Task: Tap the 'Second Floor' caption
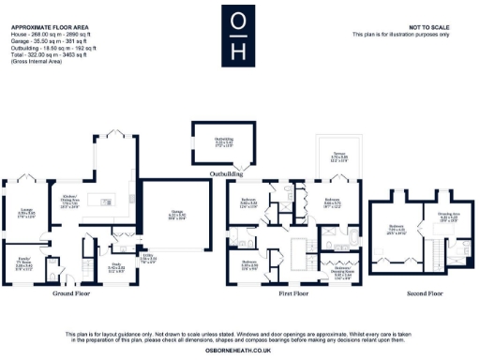pos(418,293)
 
